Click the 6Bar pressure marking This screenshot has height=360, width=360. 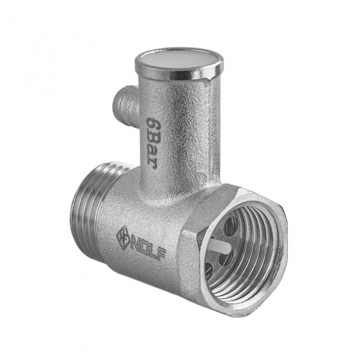click(152, 143)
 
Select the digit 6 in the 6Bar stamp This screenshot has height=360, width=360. click(152, 124)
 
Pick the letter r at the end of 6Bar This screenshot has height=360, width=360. click(153, 165)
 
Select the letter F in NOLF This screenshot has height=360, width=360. click(162, 253)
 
